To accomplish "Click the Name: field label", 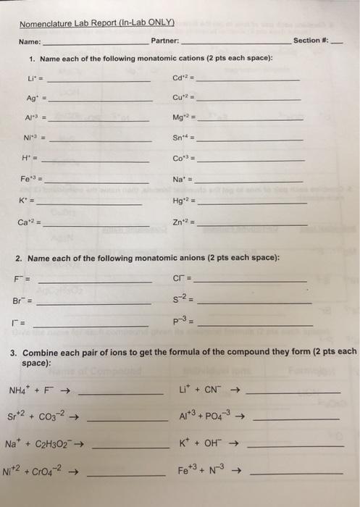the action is pyautogui.click(x=30, y=41).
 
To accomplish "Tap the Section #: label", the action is pyautogui.click(x=311, y=40).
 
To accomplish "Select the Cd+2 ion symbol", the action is pyautogui.click(x=180, y=78).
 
